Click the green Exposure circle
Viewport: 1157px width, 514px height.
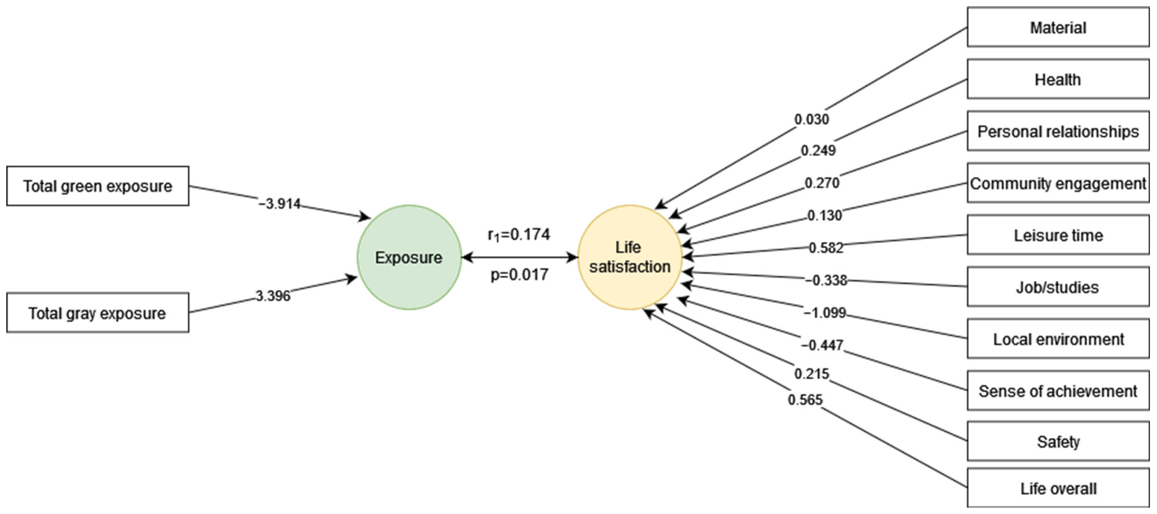(409, 257)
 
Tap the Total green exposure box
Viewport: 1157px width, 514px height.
(97, 186)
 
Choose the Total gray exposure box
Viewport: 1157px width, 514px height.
(97, 313)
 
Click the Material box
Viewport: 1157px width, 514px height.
(1058, 27)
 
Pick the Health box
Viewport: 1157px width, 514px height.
(1058, 80)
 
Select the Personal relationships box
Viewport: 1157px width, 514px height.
(1058, 132)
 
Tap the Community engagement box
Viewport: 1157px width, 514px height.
(1058, 183)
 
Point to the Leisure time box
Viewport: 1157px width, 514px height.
(1058, 235)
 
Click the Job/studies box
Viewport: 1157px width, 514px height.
(1058, 287)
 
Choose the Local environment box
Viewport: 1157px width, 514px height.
(1058, 339)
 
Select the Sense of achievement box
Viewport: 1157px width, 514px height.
(1058, 391)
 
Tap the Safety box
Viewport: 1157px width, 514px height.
(1058, 442)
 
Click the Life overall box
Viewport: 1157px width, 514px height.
(1058, 489)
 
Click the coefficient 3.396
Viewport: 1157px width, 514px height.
(273, 296)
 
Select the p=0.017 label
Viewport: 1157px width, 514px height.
(519, 274)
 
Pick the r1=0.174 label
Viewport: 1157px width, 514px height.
(519, 234)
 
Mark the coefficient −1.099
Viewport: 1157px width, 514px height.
(825, 313)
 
